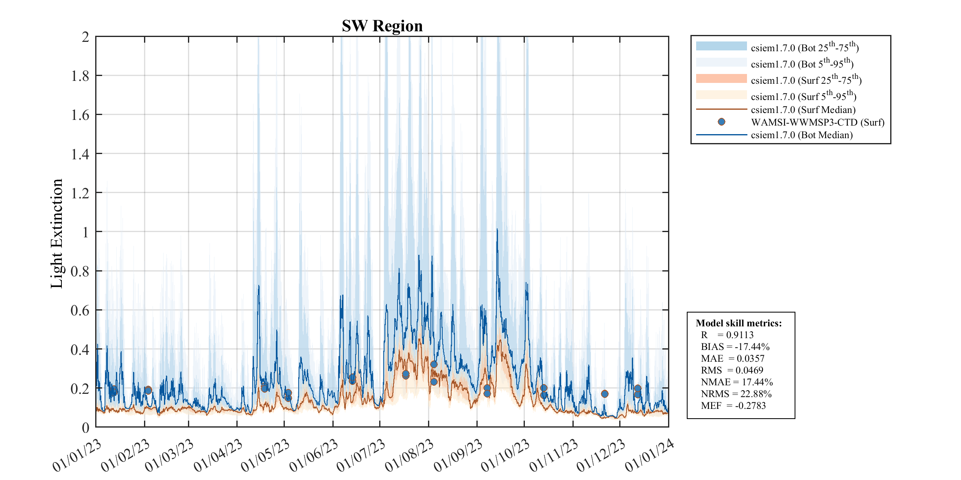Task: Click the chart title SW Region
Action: [382, 26]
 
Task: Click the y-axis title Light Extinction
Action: [57, 233]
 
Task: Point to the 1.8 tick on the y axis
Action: [80, 76]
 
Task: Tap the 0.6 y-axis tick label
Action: [80, 311]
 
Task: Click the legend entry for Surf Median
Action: [803, 110]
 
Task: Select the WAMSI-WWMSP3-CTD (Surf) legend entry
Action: [817, 122]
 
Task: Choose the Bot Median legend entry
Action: [802, 135]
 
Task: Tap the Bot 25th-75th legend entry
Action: [804, 48]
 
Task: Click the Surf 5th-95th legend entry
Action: [803, 96]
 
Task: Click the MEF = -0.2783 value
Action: [733, 406]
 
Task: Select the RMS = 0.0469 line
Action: [732, 370]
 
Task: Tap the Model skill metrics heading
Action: [738, 323]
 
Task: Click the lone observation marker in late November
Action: [605, 394]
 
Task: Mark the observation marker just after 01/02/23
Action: [148, 390]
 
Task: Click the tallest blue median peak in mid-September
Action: [497, 230]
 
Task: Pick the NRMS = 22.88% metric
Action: [736, 394]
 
